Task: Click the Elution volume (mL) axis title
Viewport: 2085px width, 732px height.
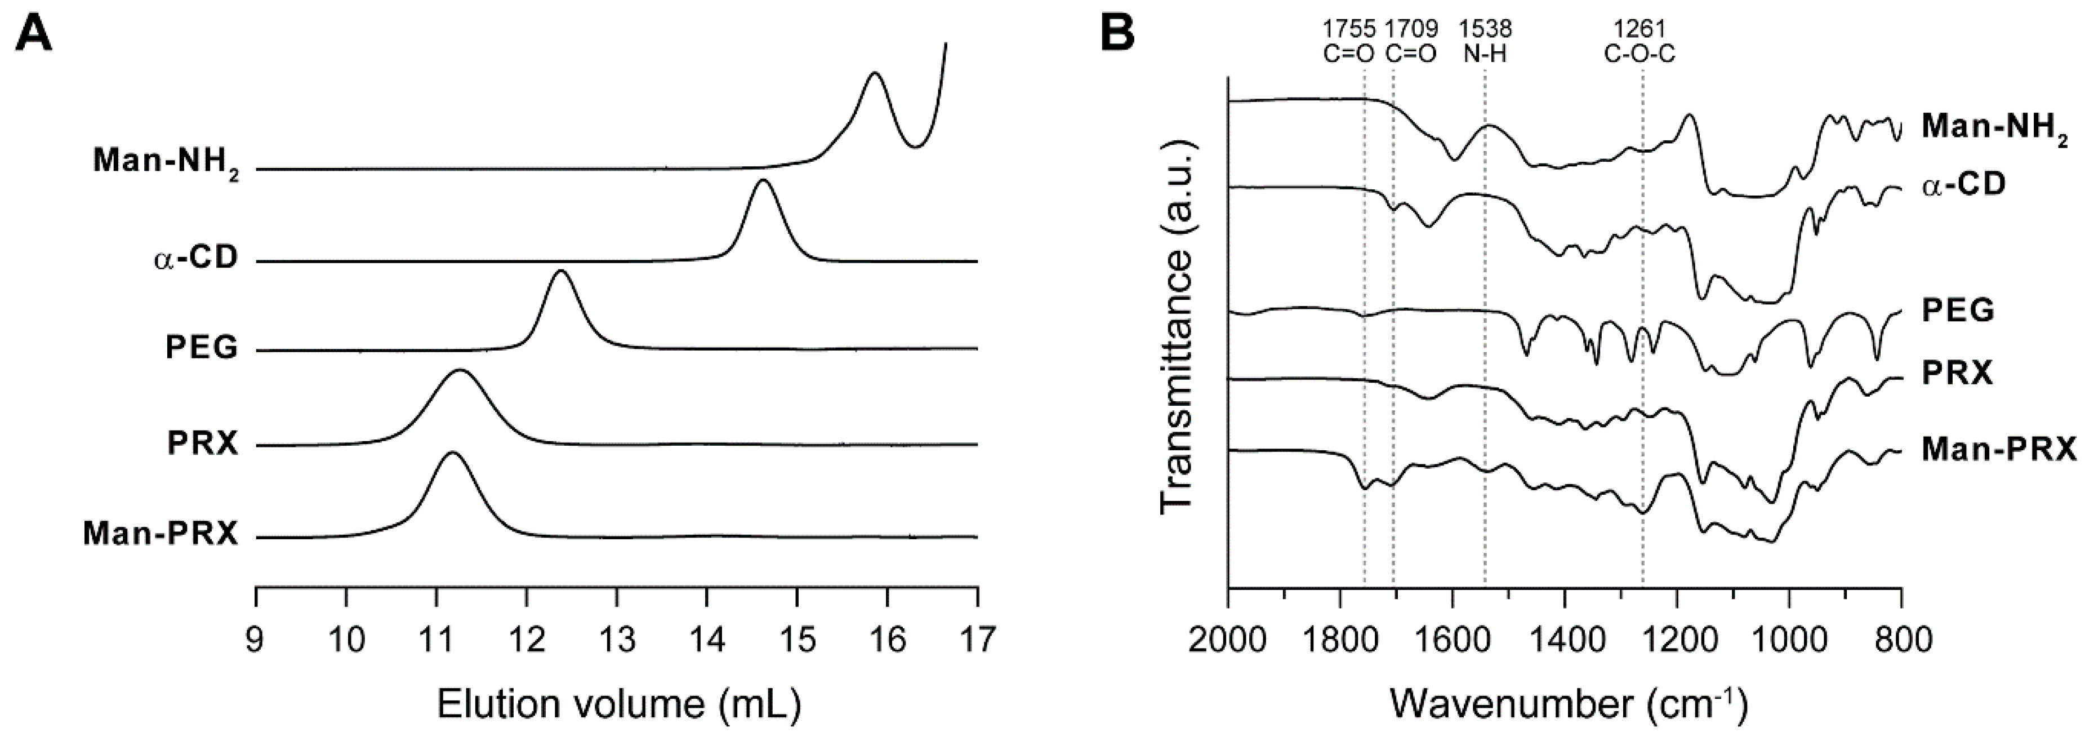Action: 619,704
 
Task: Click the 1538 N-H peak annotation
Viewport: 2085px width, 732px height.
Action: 1485,41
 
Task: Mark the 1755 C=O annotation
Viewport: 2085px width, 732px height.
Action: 1348,41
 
